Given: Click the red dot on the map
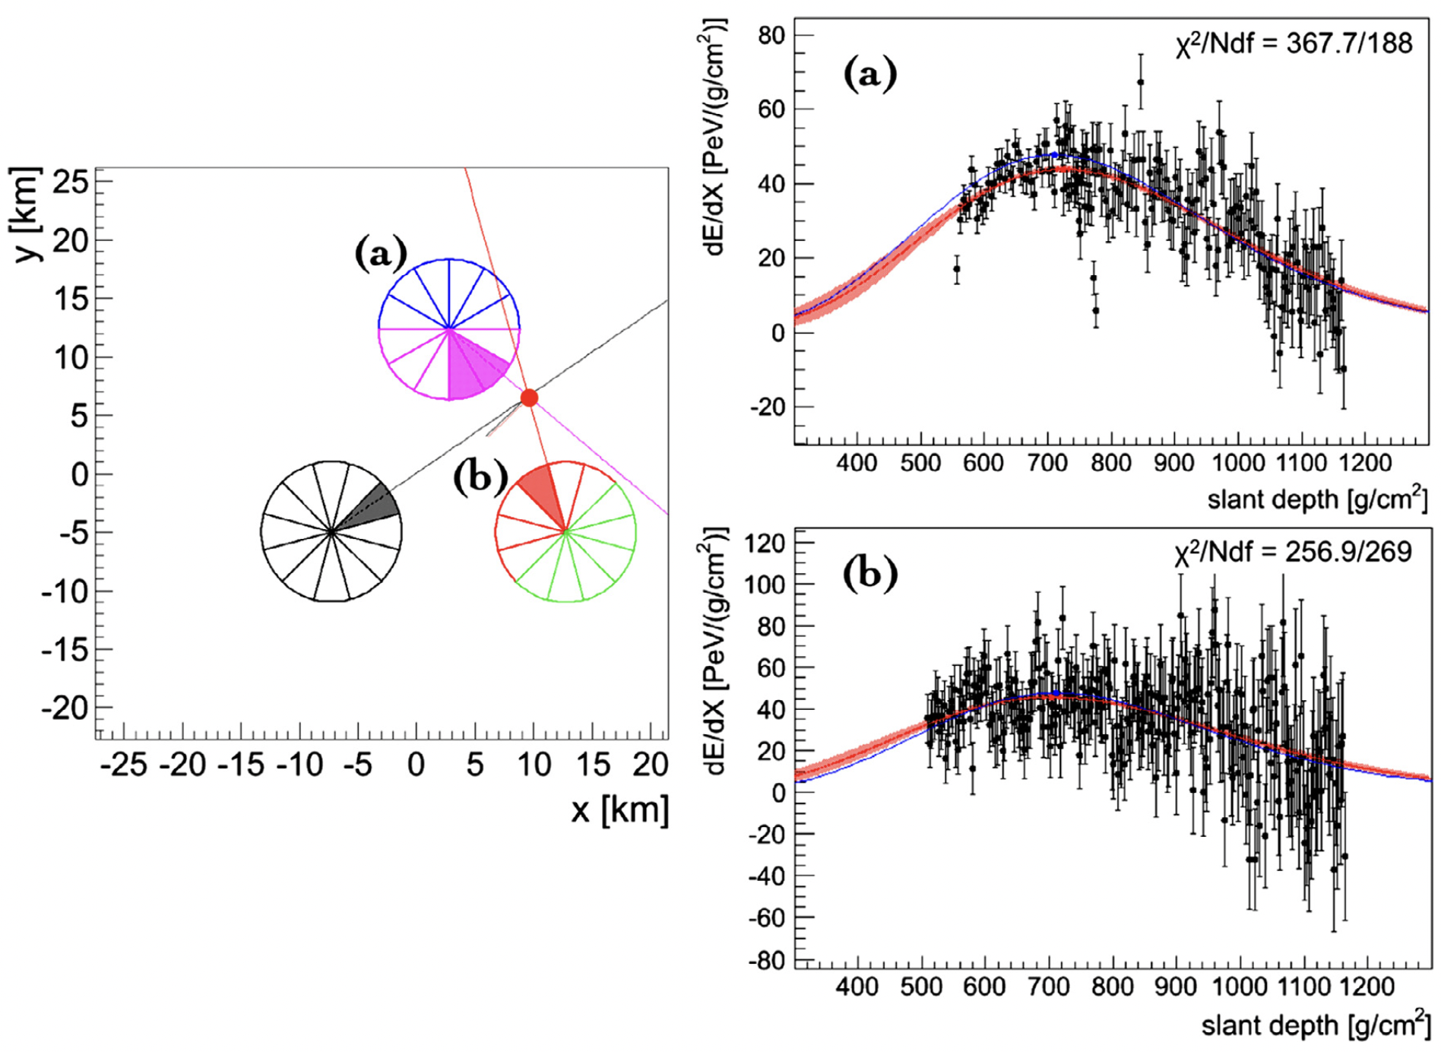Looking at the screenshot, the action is click(529, 398).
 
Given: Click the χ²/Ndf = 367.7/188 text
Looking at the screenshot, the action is click(1294, 43).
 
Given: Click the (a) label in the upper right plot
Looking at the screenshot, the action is click(870, 74).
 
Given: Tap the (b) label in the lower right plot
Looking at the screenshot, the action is click(870, 575).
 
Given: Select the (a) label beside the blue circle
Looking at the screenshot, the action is click(381, 254).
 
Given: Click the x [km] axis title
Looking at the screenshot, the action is click(620, 810).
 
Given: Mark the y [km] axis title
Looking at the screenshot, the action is click(27, 214).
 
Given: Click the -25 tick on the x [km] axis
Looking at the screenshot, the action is click(124, 765).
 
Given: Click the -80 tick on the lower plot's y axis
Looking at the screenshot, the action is click(766, 961).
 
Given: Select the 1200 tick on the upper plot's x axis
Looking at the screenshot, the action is click(1366, 463).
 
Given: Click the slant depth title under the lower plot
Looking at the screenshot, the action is click(1315, 1025).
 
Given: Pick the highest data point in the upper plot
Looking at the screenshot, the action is click(1140, 82).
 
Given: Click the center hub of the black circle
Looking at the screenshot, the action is click(331, 531).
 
